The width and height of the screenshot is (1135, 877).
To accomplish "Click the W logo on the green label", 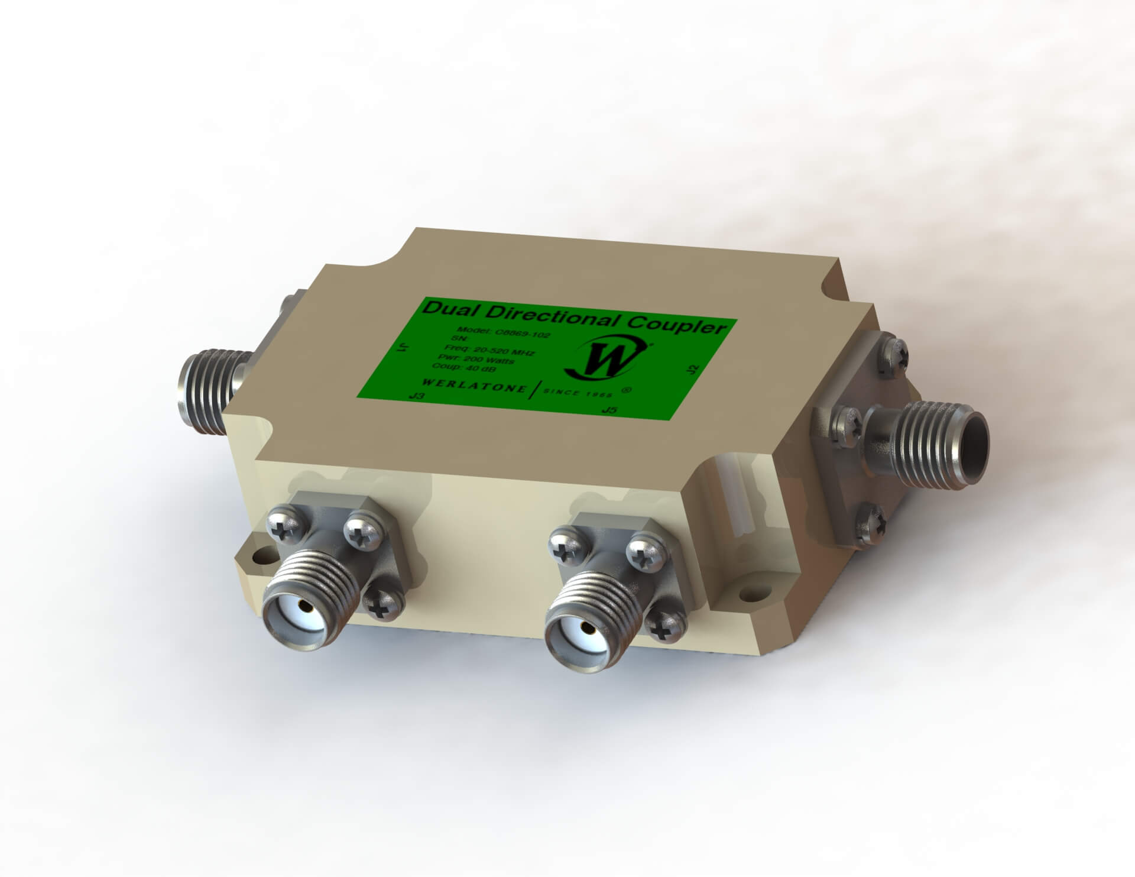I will (x=604, y=361).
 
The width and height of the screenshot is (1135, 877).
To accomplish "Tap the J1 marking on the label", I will (x=403, y=348).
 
